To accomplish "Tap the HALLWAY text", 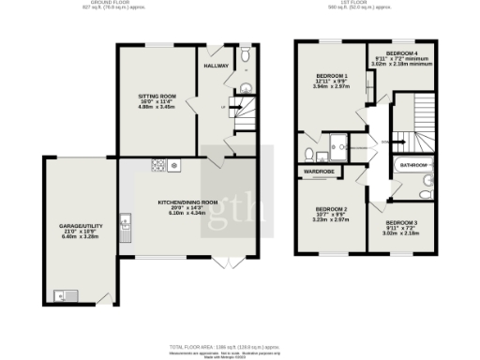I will (217, 67).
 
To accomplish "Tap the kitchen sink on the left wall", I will (129, 221).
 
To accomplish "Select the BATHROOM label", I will (413, 165).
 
